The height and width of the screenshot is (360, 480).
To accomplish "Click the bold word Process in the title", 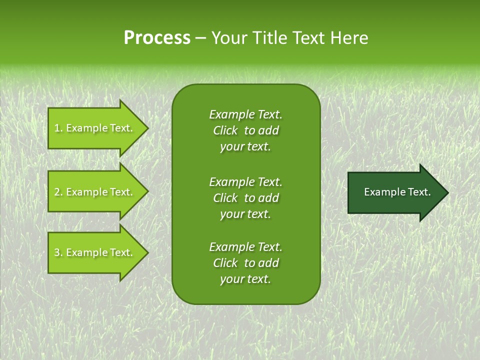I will [157, 38].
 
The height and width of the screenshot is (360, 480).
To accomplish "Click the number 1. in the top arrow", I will [58, 128].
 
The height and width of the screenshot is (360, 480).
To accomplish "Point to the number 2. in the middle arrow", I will [58, 192].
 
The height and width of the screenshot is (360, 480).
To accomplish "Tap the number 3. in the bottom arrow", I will [58, 252].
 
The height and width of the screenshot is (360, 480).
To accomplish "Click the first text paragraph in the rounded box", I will [245, 130].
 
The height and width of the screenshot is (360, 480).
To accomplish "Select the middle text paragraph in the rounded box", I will [245, 198].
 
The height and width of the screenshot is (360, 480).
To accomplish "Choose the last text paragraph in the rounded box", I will [245, 263].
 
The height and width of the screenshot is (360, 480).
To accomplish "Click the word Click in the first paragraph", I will [225, 130].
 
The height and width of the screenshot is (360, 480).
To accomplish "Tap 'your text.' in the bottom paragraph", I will [245, 279].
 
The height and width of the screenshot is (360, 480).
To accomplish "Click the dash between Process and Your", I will [200, 38].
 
